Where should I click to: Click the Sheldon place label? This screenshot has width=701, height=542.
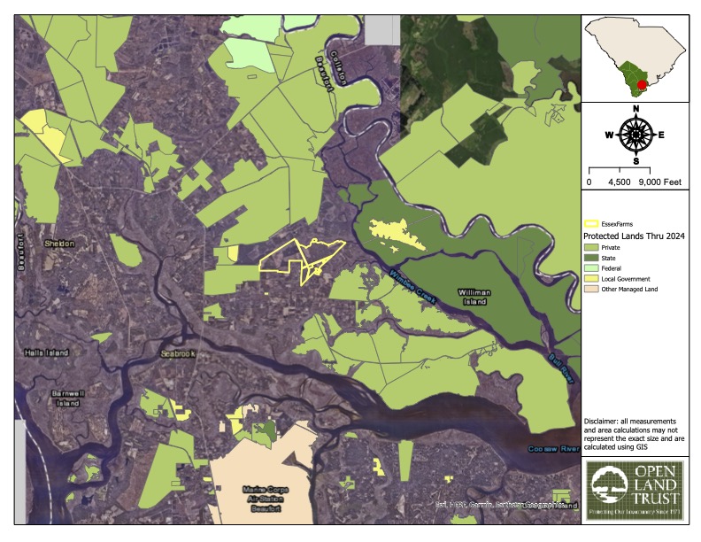click(x=60, y=244)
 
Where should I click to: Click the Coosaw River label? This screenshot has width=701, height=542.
click(x=553, y=450)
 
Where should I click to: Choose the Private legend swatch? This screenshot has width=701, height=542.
click(x=591, y=247)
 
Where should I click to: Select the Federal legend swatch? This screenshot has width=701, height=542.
click(x=591, y=267)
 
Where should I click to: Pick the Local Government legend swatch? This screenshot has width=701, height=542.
click(x=591, y=278)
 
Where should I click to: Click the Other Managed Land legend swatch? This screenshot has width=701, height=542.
click(x=591, y=289)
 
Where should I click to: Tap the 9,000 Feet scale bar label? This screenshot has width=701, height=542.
click(x=659, y=182)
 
